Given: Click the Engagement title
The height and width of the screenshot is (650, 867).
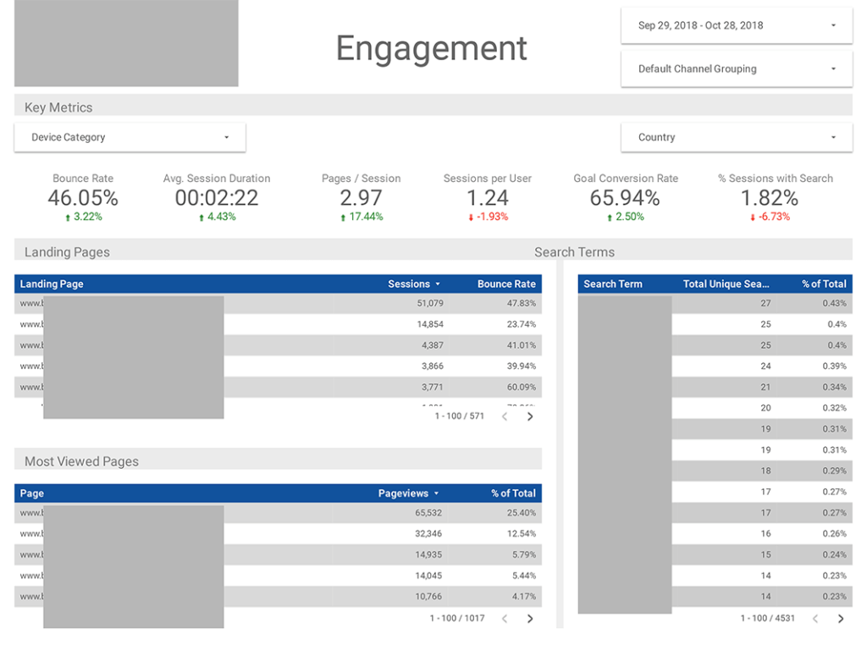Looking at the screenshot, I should (x=432, y=48).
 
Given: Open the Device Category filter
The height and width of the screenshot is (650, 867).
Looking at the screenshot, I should (x=130, y=137).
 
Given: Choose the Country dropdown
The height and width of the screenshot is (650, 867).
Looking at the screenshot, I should (x=736, y=137).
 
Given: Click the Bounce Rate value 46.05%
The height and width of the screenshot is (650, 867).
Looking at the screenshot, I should (x=83, y=198).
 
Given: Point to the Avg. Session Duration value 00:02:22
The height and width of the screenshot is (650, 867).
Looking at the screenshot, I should (x=217, y=198).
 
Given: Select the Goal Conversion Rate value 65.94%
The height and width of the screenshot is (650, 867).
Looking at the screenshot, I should (x=625, y=198).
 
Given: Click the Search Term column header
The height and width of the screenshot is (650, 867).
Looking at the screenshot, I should (x=613, y=284).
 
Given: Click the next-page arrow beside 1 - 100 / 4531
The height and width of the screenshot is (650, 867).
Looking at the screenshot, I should (x=840, y=619).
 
